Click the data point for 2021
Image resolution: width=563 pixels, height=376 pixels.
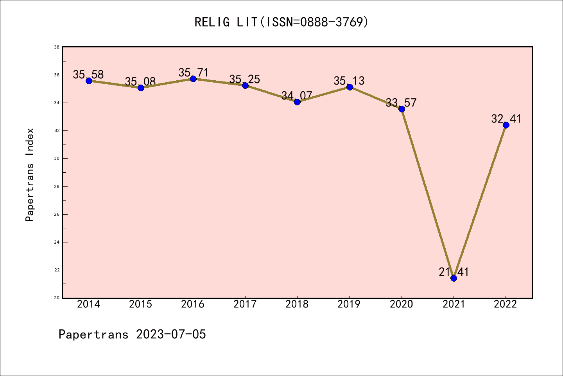pos(454,278)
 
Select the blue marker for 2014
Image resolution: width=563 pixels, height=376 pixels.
pos(89,81)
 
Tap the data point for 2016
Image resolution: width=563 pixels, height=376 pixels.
pos(193,79)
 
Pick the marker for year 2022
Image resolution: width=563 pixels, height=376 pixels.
pos(506,125)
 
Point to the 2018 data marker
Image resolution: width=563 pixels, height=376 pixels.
pos(297,102)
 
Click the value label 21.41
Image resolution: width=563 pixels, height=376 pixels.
pos(454,272)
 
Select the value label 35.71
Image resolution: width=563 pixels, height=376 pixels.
pos(194,72)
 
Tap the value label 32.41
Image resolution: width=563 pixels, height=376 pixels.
pos(506,119)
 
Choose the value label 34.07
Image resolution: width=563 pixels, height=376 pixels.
pos(297,96)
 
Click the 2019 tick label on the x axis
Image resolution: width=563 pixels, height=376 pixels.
pos(349,304)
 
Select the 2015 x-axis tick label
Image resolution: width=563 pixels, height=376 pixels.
pos(141,304)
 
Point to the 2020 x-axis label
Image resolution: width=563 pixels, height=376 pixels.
pos(402,304)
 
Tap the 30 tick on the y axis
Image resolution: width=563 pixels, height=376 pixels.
pos(57,159)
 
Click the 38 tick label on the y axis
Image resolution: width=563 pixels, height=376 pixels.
pos(57,47)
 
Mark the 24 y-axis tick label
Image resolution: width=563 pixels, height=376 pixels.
pos(57,242)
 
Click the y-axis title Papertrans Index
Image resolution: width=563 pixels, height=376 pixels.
pos(30,175)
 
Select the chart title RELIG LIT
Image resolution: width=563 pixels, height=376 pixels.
pos(281,22)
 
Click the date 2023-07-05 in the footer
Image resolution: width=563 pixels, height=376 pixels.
pos(171,334)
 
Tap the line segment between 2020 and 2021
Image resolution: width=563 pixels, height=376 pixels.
pos(427,193)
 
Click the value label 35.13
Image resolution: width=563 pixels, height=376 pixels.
pos(349,81)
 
